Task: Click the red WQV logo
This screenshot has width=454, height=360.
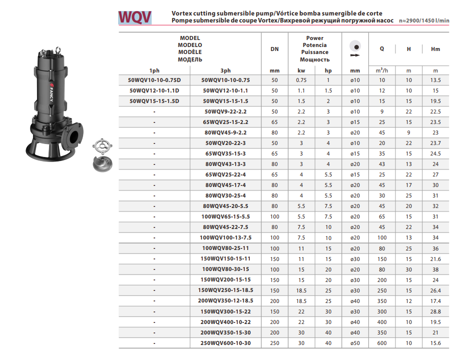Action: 135,17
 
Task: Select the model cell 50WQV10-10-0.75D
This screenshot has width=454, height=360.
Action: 155,80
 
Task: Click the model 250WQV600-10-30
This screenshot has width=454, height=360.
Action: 225,342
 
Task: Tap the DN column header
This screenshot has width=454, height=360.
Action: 274,49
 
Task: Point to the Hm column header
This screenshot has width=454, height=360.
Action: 435,49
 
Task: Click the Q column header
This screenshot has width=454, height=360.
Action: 382,49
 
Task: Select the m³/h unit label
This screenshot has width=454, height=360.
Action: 382,70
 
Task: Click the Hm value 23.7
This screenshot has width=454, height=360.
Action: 435,143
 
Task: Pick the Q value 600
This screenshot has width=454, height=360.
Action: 382,342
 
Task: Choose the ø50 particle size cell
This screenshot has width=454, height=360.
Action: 355,342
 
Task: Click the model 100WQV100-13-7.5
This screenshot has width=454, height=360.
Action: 225,237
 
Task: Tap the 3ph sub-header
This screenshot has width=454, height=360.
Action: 225,70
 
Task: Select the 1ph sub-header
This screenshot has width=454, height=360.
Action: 155,70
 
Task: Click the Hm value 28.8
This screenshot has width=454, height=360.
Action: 435,311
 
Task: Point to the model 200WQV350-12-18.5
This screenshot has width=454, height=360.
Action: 225,300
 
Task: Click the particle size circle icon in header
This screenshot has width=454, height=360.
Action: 355,43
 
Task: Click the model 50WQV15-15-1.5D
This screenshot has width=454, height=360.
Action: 155,101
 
